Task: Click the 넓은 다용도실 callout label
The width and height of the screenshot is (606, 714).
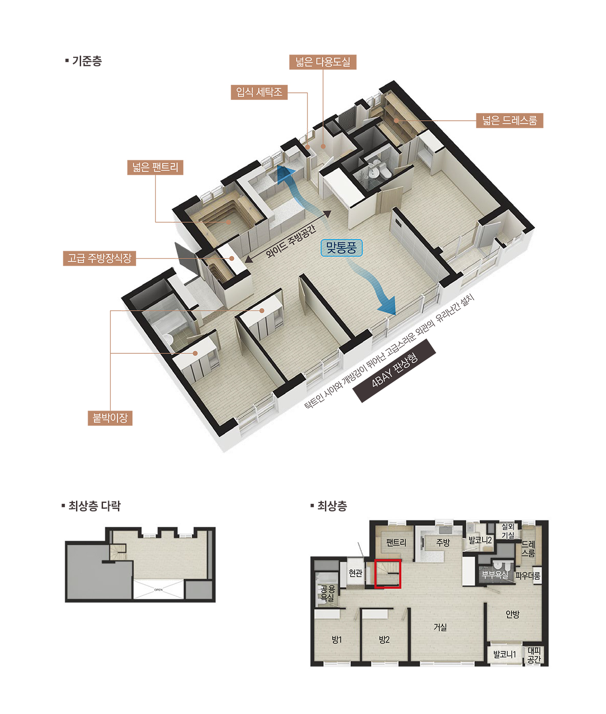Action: [323, 62]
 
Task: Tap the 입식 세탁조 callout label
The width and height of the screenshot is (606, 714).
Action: [259, 92]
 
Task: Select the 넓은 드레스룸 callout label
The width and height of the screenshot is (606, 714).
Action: [510, 121]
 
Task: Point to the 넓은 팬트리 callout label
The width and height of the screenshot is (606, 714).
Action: [155, 167]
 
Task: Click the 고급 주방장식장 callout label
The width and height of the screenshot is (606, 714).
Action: [99, 258]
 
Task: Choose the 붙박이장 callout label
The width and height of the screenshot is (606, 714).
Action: [110, 419]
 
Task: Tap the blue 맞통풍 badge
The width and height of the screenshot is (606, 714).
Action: [341, 247]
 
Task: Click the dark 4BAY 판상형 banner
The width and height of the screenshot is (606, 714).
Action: [394, 371]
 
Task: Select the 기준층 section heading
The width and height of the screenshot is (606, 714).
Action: [83, 61]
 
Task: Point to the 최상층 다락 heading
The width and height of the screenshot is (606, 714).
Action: [91, 506]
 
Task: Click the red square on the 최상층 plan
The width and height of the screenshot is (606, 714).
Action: [388, 573]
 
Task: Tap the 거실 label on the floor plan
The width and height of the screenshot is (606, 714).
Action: [440, 627]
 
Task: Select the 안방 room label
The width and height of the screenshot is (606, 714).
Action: [512, 614]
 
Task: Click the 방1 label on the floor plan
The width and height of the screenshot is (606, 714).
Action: [337, 640]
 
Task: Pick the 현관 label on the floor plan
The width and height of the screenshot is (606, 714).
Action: [355, 573]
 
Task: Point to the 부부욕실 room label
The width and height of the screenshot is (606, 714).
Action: [495, 575]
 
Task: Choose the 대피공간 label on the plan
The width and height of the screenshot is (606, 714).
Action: [534, 655]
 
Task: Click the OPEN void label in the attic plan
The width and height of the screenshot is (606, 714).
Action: [158, 590]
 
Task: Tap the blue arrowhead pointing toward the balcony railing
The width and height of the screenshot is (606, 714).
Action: [388, 305]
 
